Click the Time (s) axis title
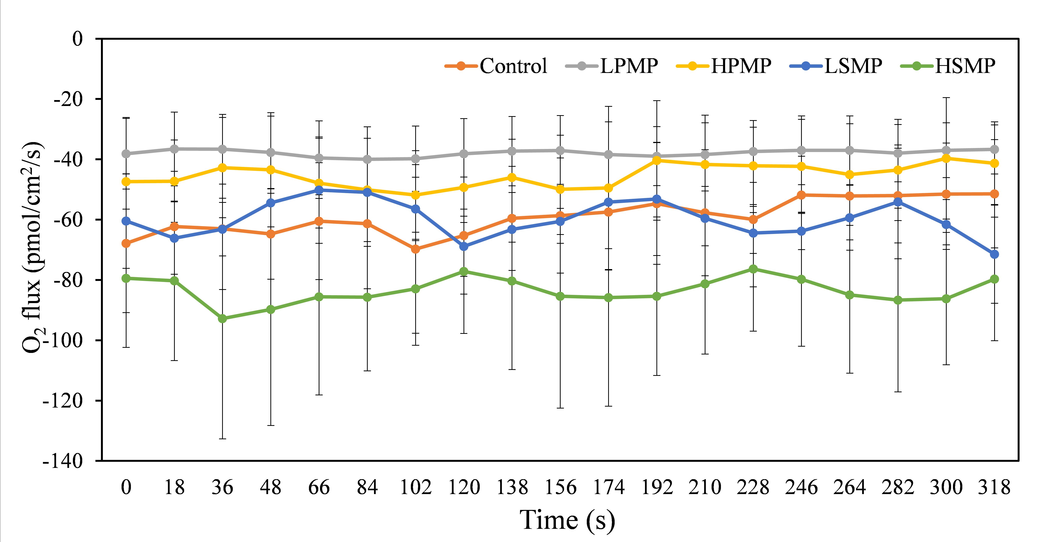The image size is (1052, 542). (x=567, y=520)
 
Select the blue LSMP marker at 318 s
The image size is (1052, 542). (x=994, y=254)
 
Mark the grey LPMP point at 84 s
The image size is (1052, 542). (x=367, y=159)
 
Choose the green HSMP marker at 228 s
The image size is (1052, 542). (x=753, y=269)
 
